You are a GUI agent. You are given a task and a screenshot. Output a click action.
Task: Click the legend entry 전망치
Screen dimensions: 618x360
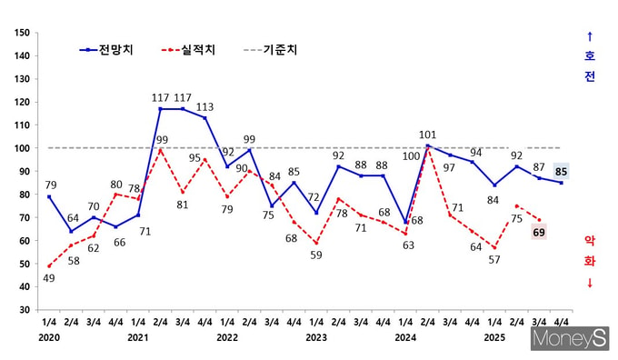pyautogui.click(x=106, y=50)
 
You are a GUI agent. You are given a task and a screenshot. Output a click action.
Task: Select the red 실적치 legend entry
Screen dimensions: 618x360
pyautogui.click(x=188, y=50)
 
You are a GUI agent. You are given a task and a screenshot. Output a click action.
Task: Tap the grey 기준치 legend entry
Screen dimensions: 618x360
pyautogui.click(x=271, y=50)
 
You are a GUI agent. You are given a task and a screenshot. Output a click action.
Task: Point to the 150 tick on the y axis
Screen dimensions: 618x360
pyautogui.click(x=22, y=33)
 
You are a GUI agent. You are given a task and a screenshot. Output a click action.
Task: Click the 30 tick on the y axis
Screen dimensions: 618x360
pyautogui.click(x=25, y=310)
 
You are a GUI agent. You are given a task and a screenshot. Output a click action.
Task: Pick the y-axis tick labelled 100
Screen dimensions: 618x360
pyautogui.click(x=22, y=148)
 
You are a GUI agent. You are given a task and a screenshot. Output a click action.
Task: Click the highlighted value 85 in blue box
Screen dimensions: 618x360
pyautogui.click(x=561, y=172)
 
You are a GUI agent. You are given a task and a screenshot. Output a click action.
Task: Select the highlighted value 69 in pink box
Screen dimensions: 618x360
pyautogui.click(x=539, y=233)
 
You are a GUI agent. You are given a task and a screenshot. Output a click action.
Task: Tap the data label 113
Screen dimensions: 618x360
pyautogui.click(x=205, y=107)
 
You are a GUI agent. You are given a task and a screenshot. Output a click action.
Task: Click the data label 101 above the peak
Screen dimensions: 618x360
pyautogui.click(x=428, y=135)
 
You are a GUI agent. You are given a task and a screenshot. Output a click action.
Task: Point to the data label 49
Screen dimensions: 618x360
pyautogui.click(x=49, y=278)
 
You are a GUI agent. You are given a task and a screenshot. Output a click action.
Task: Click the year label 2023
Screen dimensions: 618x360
pyautogui.click(x=316, y=337)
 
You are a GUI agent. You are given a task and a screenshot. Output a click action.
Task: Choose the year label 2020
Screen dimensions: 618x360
pyautogui.click(x=49, y=337)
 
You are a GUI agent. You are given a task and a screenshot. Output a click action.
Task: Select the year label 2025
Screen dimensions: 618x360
pyautogui.click(x=494, y=337)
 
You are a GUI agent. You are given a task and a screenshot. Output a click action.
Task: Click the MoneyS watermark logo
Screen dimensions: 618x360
pyautogui.click(x=570, y=339)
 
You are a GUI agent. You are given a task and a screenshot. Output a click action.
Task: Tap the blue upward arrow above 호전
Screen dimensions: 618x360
pyautogui.click(x=590, y=36)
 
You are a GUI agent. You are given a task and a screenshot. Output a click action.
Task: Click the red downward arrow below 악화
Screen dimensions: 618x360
pyautogui.click(x=590, y=283)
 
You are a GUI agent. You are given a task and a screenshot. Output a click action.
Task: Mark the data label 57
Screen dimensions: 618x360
pyautogui.click(x=494, y=260)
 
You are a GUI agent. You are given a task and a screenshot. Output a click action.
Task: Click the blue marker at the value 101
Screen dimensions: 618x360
pyautogui.click(x=428, y=145)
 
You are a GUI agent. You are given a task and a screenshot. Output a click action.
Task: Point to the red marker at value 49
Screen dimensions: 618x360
pyautogui.click(x=49, y=266)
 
